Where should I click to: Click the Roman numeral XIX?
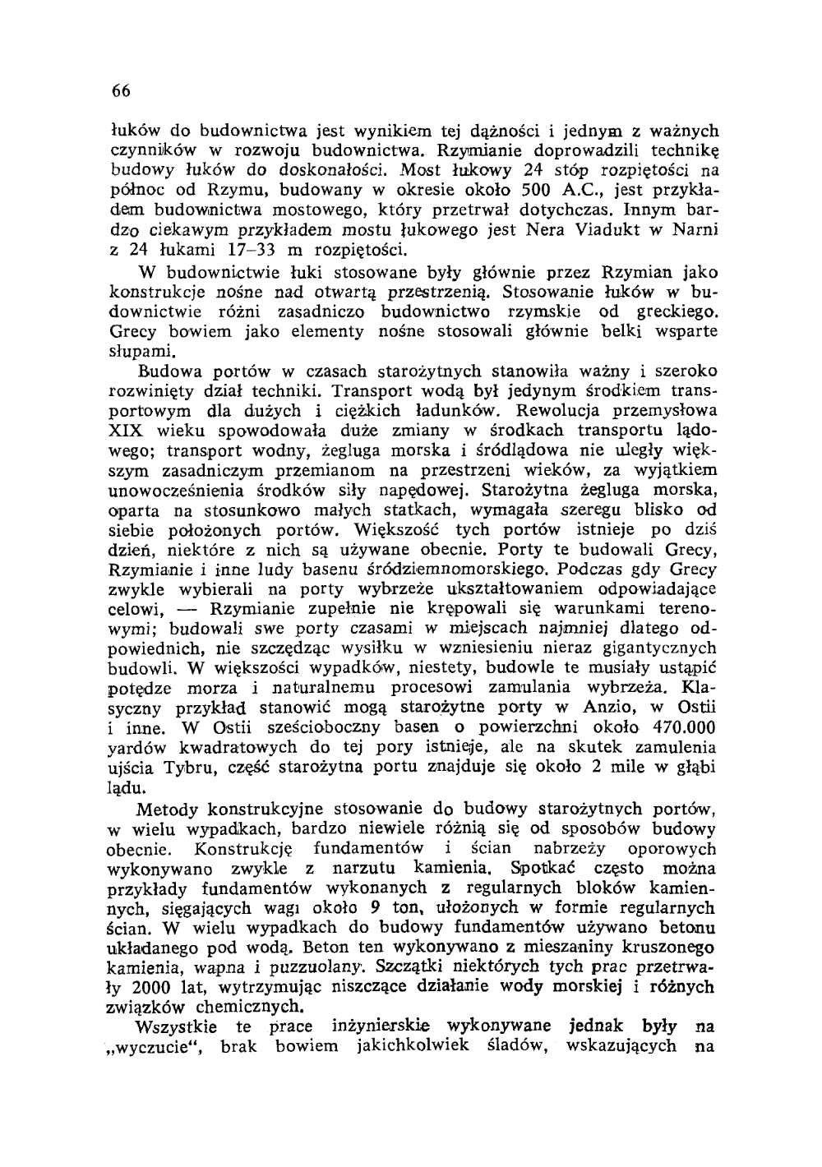coord(127,430)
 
